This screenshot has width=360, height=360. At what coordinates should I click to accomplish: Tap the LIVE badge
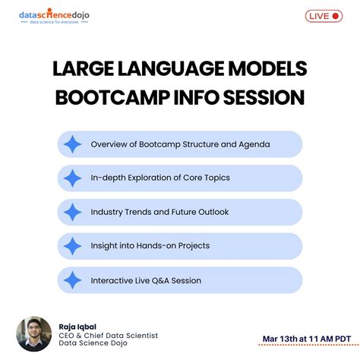coord(324,16)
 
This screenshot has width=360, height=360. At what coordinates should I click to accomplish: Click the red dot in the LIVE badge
coord(336,16)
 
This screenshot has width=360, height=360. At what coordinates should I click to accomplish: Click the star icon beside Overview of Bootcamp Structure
coord(73,144)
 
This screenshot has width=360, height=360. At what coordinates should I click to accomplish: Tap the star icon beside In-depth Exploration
coord(73,178)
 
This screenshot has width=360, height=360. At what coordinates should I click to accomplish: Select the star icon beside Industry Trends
coord(73,212)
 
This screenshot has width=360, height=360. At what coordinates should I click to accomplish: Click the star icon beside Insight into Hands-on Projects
coord(73,246)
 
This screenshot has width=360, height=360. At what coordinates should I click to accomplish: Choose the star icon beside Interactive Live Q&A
coord(73,280)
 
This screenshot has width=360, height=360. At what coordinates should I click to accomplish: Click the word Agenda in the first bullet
coord(254,144)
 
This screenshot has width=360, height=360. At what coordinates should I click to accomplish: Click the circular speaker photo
coord(34,334)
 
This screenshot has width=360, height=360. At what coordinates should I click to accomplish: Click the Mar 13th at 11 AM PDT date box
coord(301,338)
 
